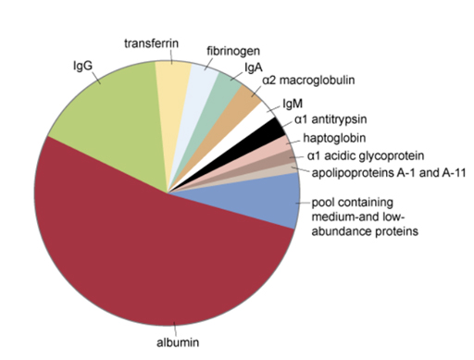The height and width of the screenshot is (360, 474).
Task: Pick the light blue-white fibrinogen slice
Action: [201, 83]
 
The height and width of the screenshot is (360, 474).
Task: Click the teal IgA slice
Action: [224, 91]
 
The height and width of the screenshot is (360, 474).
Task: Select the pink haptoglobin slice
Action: [283, 146]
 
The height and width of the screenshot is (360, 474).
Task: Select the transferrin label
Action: [152, 43]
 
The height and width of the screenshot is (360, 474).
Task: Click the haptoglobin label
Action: [332, 137]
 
